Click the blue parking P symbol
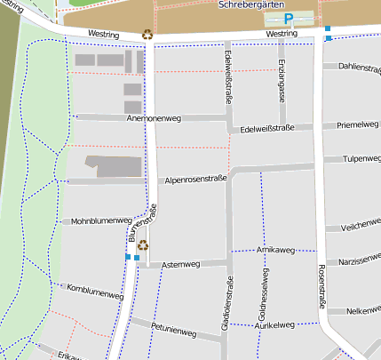click(x=289, y=19)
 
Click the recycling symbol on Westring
click(x=147, y=36)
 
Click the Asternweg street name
click(x=181, y=264)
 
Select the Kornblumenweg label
click(x=93, y=291)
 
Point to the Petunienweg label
click(x=173, y=331)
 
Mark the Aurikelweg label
click(x=274, y=325)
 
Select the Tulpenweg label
click(x=361, y=159)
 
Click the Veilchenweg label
click(x=360, y=227)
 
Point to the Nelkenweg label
click(x=363, y=311)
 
